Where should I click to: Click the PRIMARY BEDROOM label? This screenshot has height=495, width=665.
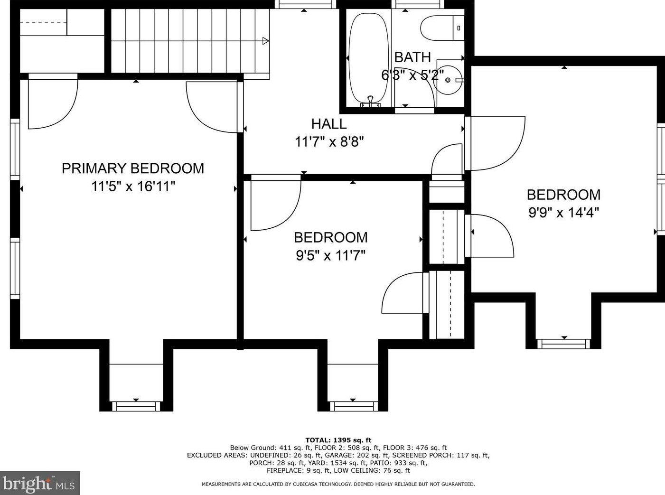133,168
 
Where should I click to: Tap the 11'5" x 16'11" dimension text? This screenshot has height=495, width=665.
133,186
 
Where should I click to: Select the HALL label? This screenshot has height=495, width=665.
328,124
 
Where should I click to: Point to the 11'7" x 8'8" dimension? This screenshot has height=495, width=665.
329,141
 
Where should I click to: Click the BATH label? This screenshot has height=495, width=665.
412,57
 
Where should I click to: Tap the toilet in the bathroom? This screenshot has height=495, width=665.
441,28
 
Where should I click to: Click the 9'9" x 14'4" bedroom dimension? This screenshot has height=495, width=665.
563,212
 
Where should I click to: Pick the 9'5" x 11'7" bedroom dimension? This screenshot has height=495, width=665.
330,256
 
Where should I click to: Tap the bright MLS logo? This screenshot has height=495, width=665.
40,483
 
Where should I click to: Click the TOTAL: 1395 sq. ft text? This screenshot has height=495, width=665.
338,440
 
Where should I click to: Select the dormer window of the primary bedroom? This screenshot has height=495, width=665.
136,406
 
